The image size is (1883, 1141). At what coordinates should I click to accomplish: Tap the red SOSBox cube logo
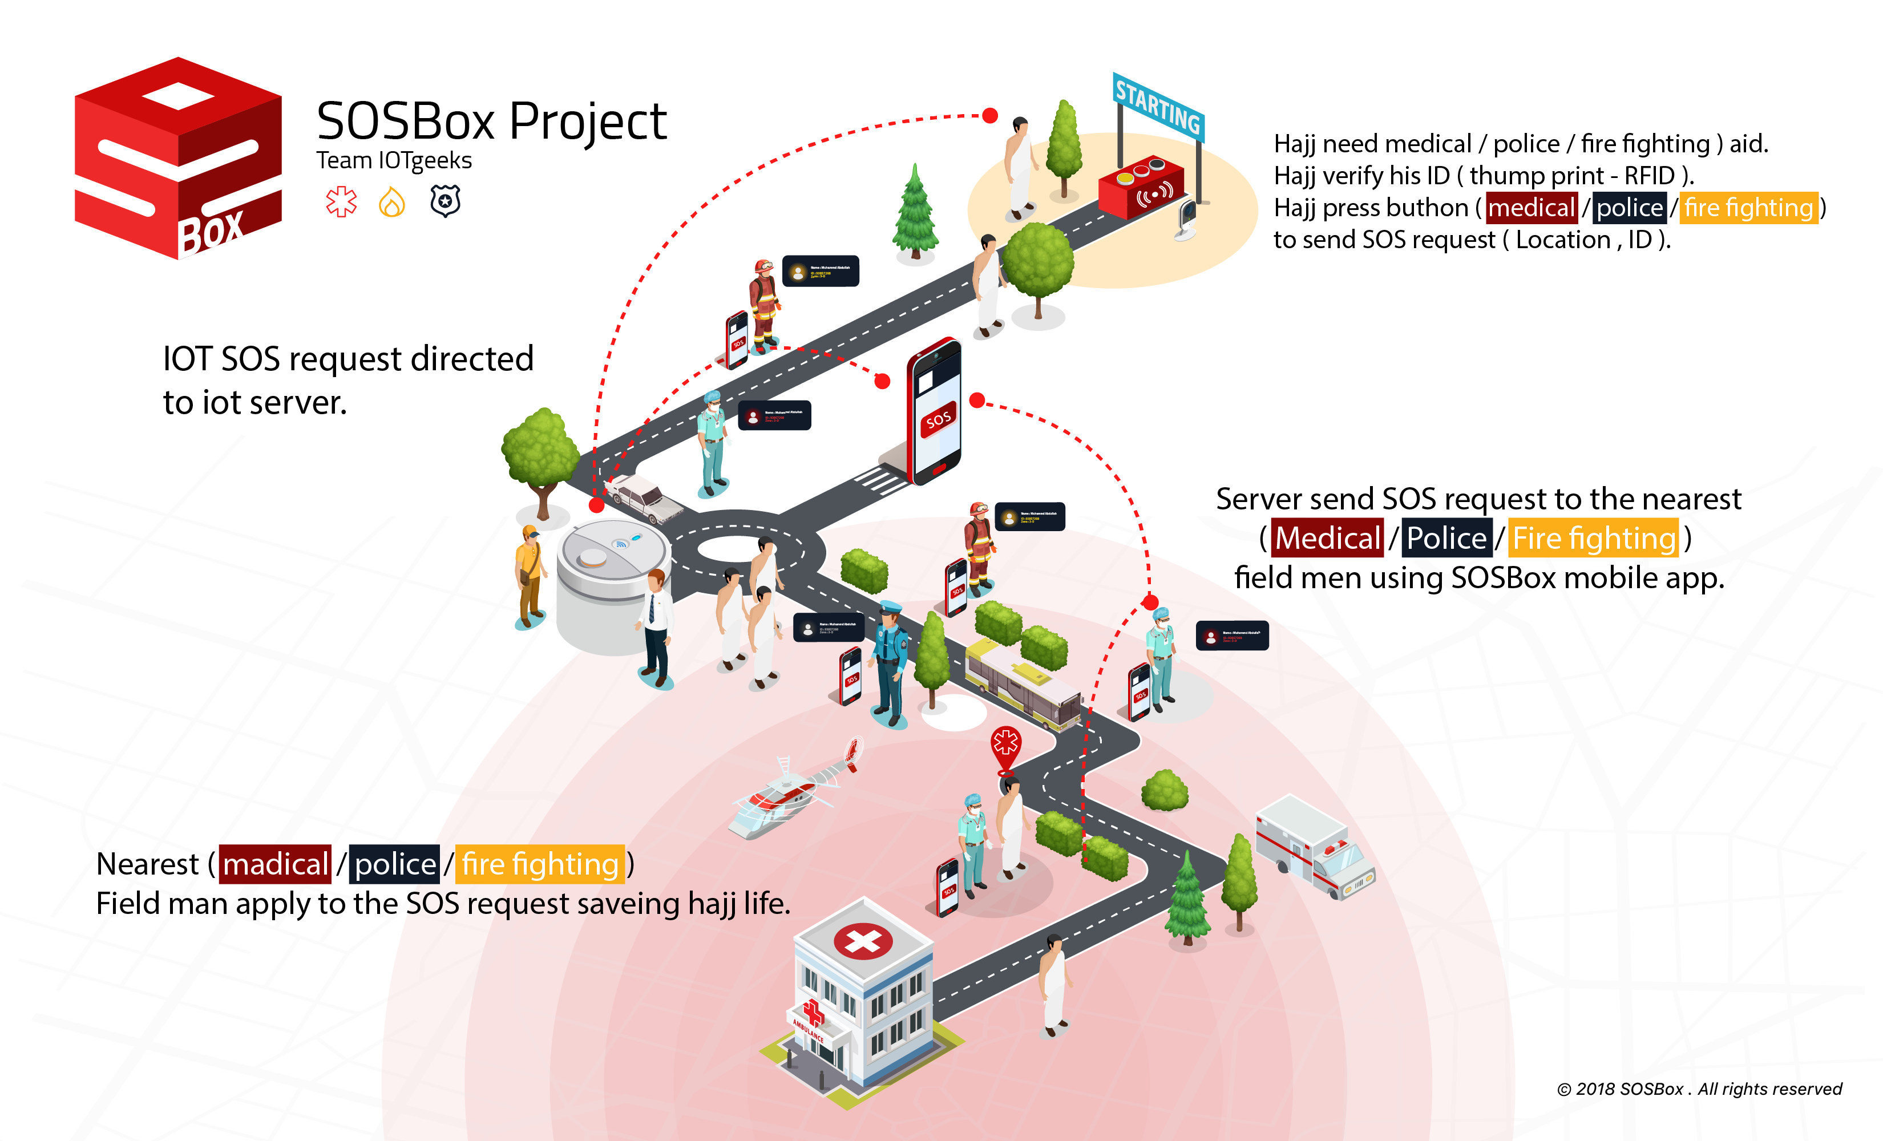(x=178, y=158)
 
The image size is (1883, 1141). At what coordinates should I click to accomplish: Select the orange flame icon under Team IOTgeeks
(x=392, y=203)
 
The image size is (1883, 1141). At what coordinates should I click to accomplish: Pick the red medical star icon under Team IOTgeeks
(x=341, y=202)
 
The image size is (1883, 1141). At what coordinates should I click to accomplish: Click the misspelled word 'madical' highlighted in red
(x=275, y=864)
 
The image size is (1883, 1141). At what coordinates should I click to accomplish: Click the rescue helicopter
(x=791, y=795)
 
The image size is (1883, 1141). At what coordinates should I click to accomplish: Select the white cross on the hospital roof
(x=863, y=941)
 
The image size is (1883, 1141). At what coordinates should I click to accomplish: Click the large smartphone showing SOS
(x=935, y=412)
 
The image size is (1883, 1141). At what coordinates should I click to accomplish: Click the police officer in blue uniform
(x=890, y=661)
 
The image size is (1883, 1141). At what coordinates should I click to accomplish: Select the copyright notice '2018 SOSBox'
(x=1699, y=1089)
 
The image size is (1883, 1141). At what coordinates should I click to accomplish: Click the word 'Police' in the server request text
(x=1446, y=538)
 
